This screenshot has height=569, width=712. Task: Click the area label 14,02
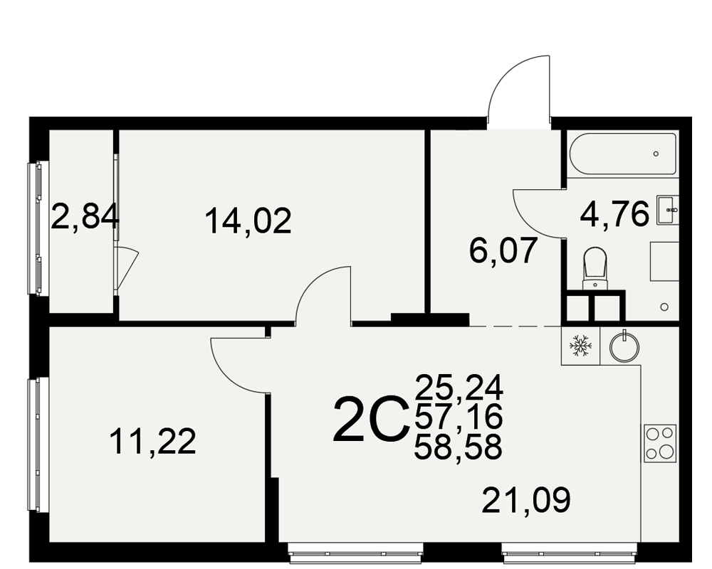(x=248, y=221)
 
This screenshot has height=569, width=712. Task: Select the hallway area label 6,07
(x=503, y=250)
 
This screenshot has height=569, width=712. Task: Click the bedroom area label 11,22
(x=152, y=441)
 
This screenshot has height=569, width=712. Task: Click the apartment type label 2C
(x=369, y=419)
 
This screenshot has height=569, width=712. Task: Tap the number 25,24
(x=459, y=388)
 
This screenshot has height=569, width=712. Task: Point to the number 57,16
(x=459, y=417)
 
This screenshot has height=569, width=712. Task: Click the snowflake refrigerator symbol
(x=581, y=346)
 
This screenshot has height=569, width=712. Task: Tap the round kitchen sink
(x=624, y=346)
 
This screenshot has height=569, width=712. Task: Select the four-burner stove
(x=660, y=443)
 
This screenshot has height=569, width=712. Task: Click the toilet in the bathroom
(x=595, y=268)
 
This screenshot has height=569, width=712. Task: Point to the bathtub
(x=622, y=154)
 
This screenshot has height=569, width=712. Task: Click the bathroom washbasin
(x=668, y=210)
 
